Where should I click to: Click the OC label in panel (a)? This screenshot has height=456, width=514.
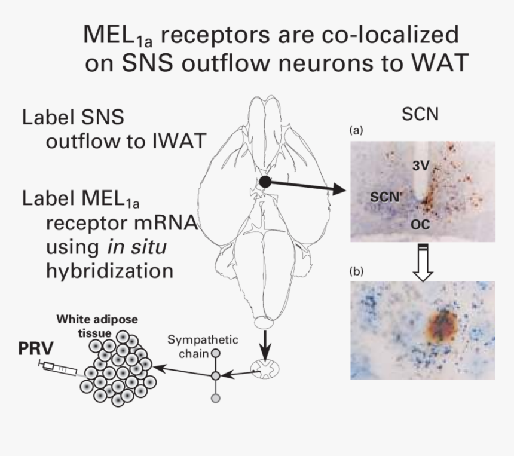coord(421,224)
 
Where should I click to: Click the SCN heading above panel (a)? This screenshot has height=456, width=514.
coord(420,114)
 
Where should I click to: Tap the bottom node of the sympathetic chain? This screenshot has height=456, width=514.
coord(216,397)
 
